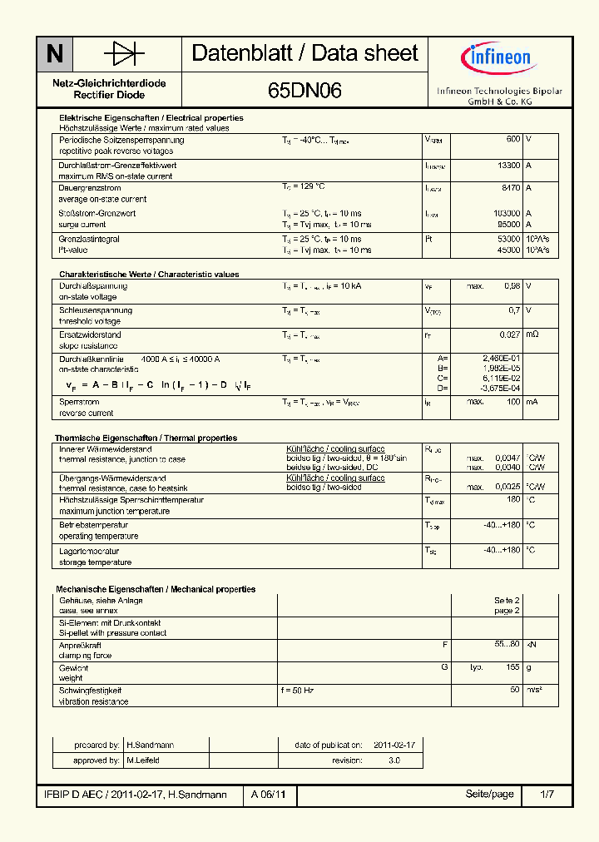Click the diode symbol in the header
click(125, 54)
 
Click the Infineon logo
click(496, 58)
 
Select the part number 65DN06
click(304, 92)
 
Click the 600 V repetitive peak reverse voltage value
click(513, 140)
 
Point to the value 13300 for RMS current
click(508, 166)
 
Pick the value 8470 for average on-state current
click(512, 188)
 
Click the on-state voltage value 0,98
click(512, 286)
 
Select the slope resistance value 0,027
click(509, 334)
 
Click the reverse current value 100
click(513, 402)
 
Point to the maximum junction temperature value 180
click(513, 499)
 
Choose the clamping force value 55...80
click(507, 645)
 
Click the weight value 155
click(512, 667)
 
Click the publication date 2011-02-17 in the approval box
click(394, 745)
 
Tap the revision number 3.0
click(394, 760)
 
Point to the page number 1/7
click(547, 795)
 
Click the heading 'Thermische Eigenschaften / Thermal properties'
click(146, 438)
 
